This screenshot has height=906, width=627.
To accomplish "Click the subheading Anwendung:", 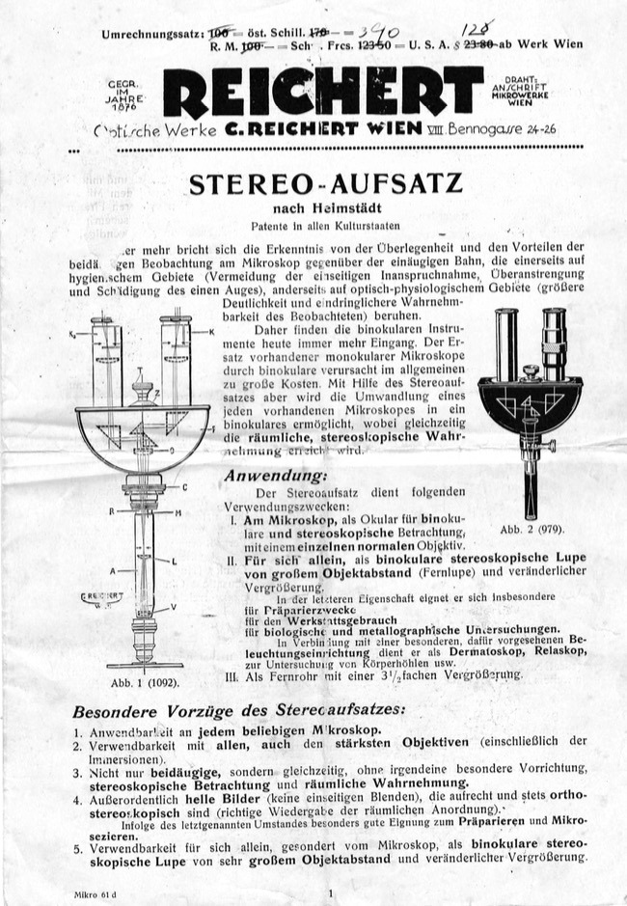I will click(x=275, y=475).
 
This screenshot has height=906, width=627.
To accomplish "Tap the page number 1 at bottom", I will click(x=331, y=893).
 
